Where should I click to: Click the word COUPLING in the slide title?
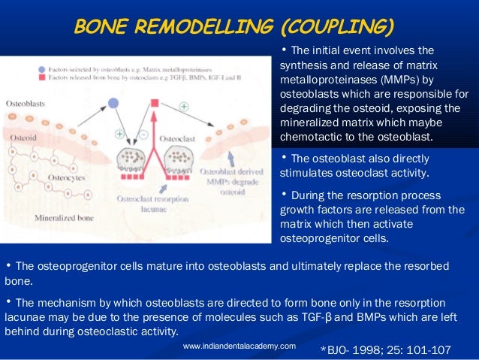click(337, 28)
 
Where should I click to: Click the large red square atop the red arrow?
click(155, 102)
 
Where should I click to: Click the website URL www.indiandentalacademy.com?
click(239, 346)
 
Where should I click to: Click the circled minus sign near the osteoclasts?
click(143, 134)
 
